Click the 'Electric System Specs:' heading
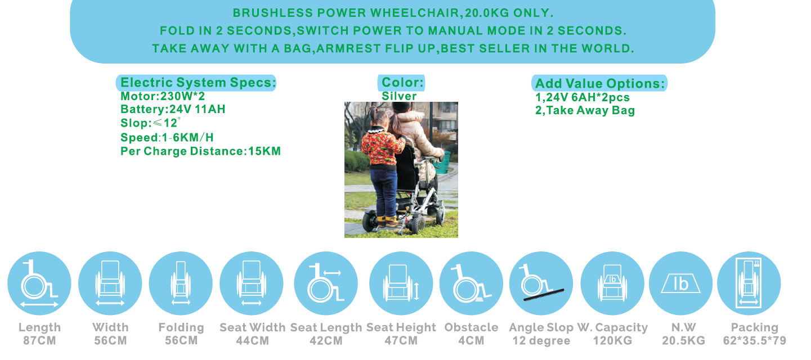(198, 83)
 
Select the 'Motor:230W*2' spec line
(163, 96)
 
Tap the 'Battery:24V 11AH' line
(173, 109)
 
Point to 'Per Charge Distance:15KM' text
(200, 151)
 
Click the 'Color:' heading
(402, 83)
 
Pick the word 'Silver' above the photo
(399, 96)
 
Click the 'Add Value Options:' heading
(600, 84)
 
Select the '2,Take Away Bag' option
(585, 110)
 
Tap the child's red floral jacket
(382, 148)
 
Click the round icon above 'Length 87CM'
(39, 283)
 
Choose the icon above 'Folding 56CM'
(181, 283)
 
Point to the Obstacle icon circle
(471, 283)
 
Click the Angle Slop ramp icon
(541, 283)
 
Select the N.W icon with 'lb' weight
(680, 283)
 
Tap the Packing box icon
(749, 283)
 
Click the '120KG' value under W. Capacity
(612, 341)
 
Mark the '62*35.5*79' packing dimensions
(755, 341)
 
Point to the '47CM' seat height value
(401, 341)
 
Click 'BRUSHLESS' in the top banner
(272, 13)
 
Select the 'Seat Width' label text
(252, 327)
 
